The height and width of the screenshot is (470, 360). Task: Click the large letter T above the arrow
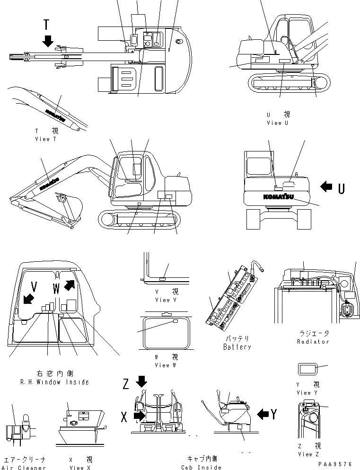[46, 25]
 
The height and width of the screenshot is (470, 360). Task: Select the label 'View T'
[45, 139]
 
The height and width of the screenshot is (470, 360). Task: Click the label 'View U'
[277, 123]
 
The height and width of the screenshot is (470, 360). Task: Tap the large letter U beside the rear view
[341, 188]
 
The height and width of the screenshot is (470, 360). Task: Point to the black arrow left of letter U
[326, 187]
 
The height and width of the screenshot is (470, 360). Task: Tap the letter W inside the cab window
[56, 287]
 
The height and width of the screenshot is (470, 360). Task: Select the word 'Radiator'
[313, 342]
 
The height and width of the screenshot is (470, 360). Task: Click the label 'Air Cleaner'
[25, 468]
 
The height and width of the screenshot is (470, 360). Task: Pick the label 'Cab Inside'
[201, 468]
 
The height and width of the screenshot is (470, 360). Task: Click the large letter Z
[126, 384]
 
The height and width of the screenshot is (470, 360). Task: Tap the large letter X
[124, 417]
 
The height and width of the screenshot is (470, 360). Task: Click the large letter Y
[274, 415]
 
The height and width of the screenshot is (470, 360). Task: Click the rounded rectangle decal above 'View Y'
[306, 370]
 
